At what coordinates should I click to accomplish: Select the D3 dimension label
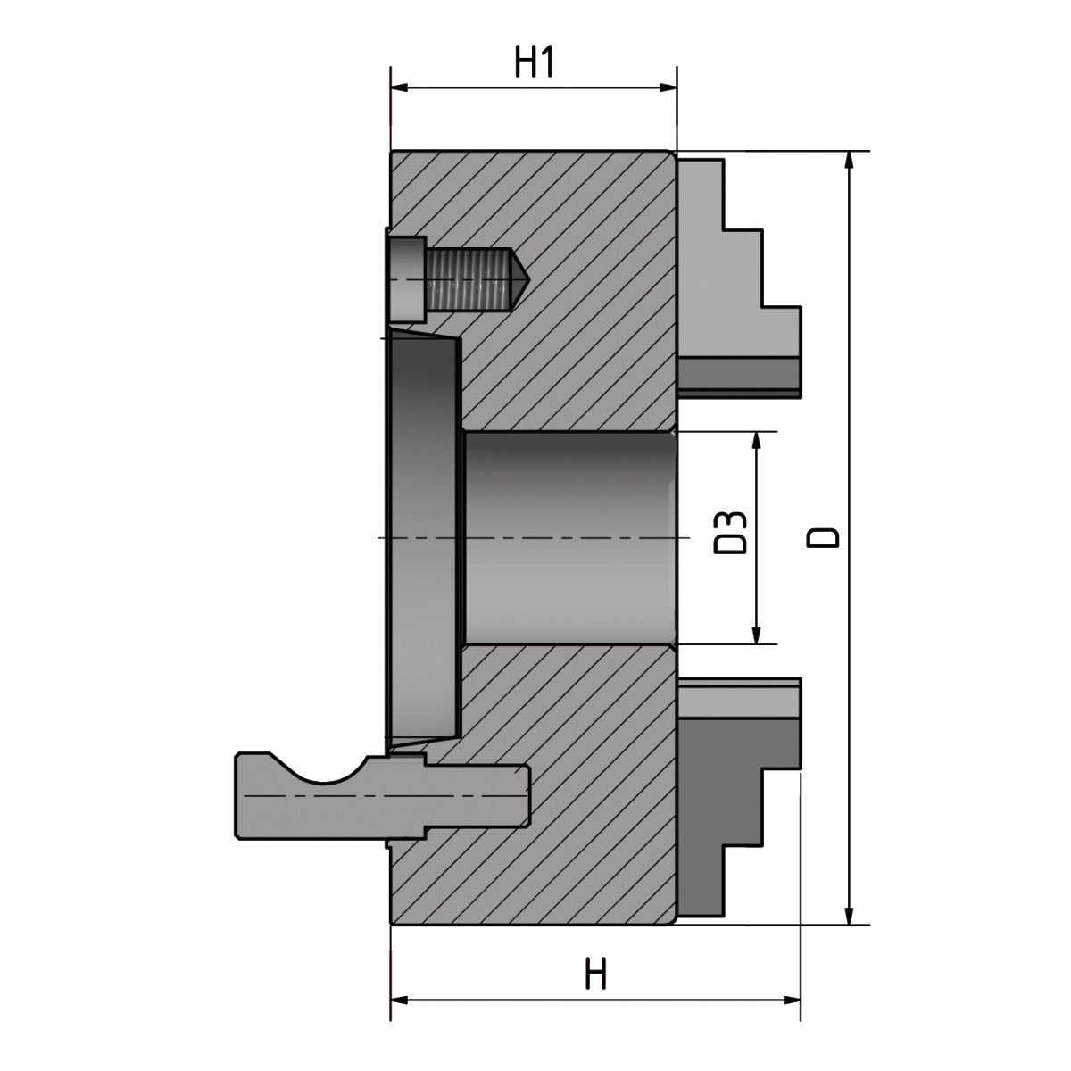732,533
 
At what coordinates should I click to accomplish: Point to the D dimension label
823,537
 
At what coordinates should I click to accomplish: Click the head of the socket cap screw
408,279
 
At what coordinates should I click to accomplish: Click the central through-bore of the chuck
567,538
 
